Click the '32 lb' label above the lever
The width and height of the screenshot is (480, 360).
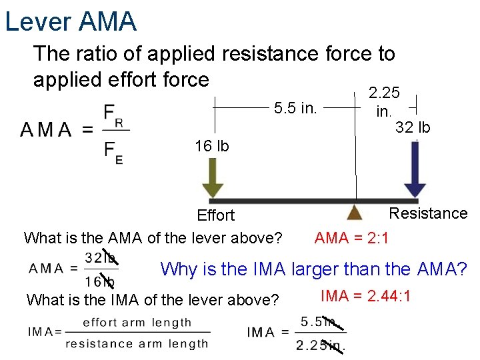[x=413, y=127]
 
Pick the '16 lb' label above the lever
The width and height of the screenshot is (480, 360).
[x=211, y=145]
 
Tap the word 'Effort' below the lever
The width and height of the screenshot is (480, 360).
[x=215, y=215]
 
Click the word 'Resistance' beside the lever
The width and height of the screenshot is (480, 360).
[x=428, y=213]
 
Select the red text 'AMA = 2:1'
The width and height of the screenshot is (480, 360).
[x=352, y=237]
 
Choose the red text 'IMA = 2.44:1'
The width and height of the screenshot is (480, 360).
[x=367, y=296]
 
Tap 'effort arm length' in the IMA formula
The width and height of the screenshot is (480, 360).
[x=137, y=322]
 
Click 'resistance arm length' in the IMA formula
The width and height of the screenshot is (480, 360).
[x=137, y=344]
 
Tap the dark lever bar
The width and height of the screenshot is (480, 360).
[x=313, y=200]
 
